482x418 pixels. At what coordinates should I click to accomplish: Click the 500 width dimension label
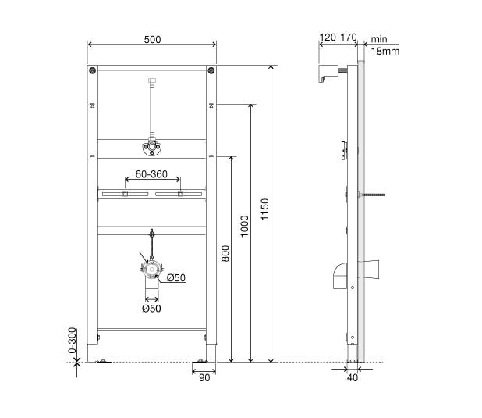(x=153, y=39)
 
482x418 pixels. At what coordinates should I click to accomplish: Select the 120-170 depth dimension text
(x=338, y=36)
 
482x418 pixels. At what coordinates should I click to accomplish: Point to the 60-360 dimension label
(x=151, y=174)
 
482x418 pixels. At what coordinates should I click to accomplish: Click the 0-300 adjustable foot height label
(x=73, y=341)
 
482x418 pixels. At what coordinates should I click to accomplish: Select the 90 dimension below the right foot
(x=204, y=377)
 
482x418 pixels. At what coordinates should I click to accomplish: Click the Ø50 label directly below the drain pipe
(x=151, y=309)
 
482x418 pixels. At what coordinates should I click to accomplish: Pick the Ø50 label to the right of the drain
(x=175, y=277)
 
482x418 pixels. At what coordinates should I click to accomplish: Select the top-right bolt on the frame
(x=211, y=73)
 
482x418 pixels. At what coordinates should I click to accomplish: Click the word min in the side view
(x=379, y=38)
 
